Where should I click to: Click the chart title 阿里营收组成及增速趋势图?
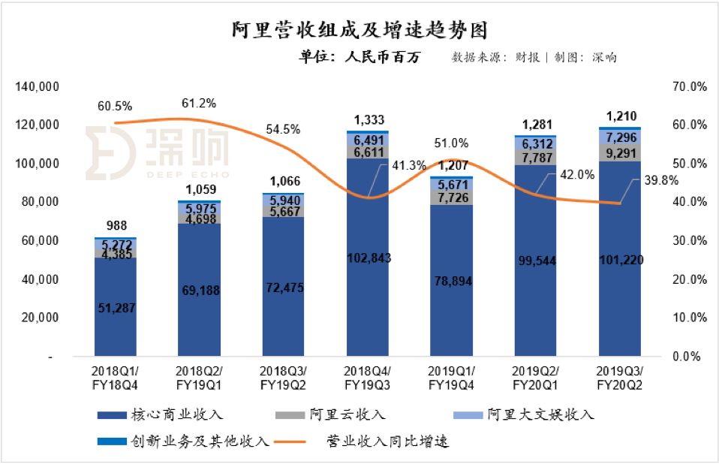359,29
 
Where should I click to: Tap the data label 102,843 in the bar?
369,258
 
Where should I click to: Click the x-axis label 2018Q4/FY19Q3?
369,378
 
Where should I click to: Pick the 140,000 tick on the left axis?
38,87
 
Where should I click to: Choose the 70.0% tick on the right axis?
689,87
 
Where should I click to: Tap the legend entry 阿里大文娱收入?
530,414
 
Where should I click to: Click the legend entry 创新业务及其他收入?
183,441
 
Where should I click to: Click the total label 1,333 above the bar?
369,119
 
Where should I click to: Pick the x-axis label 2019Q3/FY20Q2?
620,378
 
